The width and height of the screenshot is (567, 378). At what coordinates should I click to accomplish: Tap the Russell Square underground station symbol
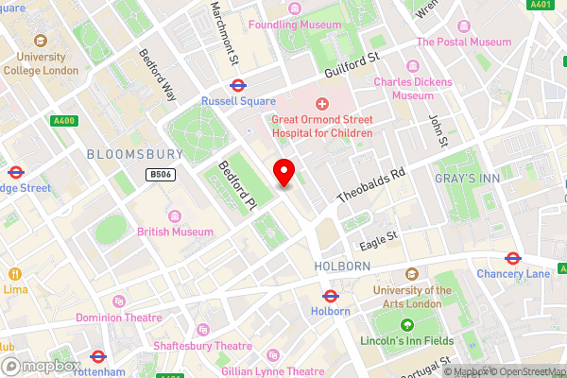coord(237,85)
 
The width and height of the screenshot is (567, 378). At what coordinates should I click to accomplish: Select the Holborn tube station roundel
coord(330,296)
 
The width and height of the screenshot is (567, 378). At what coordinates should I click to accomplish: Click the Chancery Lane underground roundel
coord(513,257)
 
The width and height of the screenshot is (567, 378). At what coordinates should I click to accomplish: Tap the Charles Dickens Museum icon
coord(412,66)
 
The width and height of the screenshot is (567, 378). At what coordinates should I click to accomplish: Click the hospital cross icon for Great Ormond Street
coord(321,103)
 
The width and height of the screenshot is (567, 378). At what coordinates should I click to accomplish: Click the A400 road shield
coord(64,120)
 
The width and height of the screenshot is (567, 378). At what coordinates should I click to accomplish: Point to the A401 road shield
coord(541,5)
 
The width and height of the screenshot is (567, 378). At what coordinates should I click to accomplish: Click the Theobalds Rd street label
coord(371,186)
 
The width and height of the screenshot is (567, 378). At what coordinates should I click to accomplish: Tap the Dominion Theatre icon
coord(118,301)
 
